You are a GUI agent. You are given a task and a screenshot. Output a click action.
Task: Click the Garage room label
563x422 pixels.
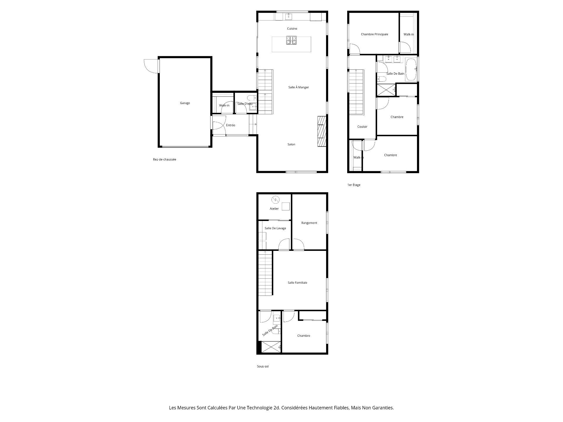185,103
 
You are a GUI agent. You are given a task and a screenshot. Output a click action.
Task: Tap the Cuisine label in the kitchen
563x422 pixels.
292,29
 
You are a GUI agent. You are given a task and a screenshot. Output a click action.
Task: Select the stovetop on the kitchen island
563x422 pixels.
291,40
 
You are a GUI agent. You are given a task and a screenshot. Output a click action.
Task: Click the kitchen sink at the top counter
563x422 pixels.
289,16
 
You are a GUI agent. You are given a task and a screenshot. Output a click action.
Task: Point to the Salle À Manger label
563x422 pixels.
299,87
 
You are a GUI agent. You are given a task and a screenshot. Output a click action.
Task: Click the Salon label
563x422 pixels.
291,144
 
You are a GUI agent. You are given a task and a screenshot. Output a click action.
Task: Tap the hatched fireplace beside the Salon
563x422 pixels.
322,131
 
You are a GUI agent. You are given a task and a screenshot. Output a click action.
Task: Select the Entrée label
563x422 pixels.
230,125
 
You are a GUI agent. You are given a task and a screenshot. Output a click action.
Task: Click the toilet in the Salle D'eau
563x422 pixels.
251,98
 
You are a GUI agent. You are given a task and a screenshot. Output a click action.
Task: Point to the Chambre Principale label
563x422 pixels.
374,34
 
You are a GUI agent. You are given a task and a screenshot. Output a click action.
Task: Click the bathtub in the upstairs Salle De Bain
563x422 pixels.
411,69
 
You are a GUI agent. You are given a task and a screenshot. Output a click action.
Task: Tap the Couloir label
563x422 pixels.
362,127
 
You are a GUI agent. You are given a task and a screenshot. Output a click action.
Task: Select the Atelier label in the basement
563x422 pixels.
274,209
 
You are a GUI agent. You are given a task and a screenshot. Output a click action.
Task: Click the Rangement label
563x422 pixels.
309,223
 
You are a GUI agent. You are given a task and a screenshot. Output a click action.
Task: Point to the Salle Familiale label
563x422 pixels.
297,283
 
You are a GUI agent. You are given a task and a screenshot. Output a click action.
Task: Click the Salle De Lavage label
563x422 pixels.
275,228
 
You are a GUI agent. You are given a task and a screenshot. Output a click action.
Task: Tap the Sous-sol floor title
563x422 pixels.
263,366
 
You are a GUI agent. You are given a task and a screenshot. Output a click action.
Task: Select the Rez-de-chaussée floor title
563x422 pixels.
165,159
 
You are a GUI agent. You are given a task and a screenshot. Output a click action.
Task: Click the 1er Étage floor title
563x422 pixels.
354,185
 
